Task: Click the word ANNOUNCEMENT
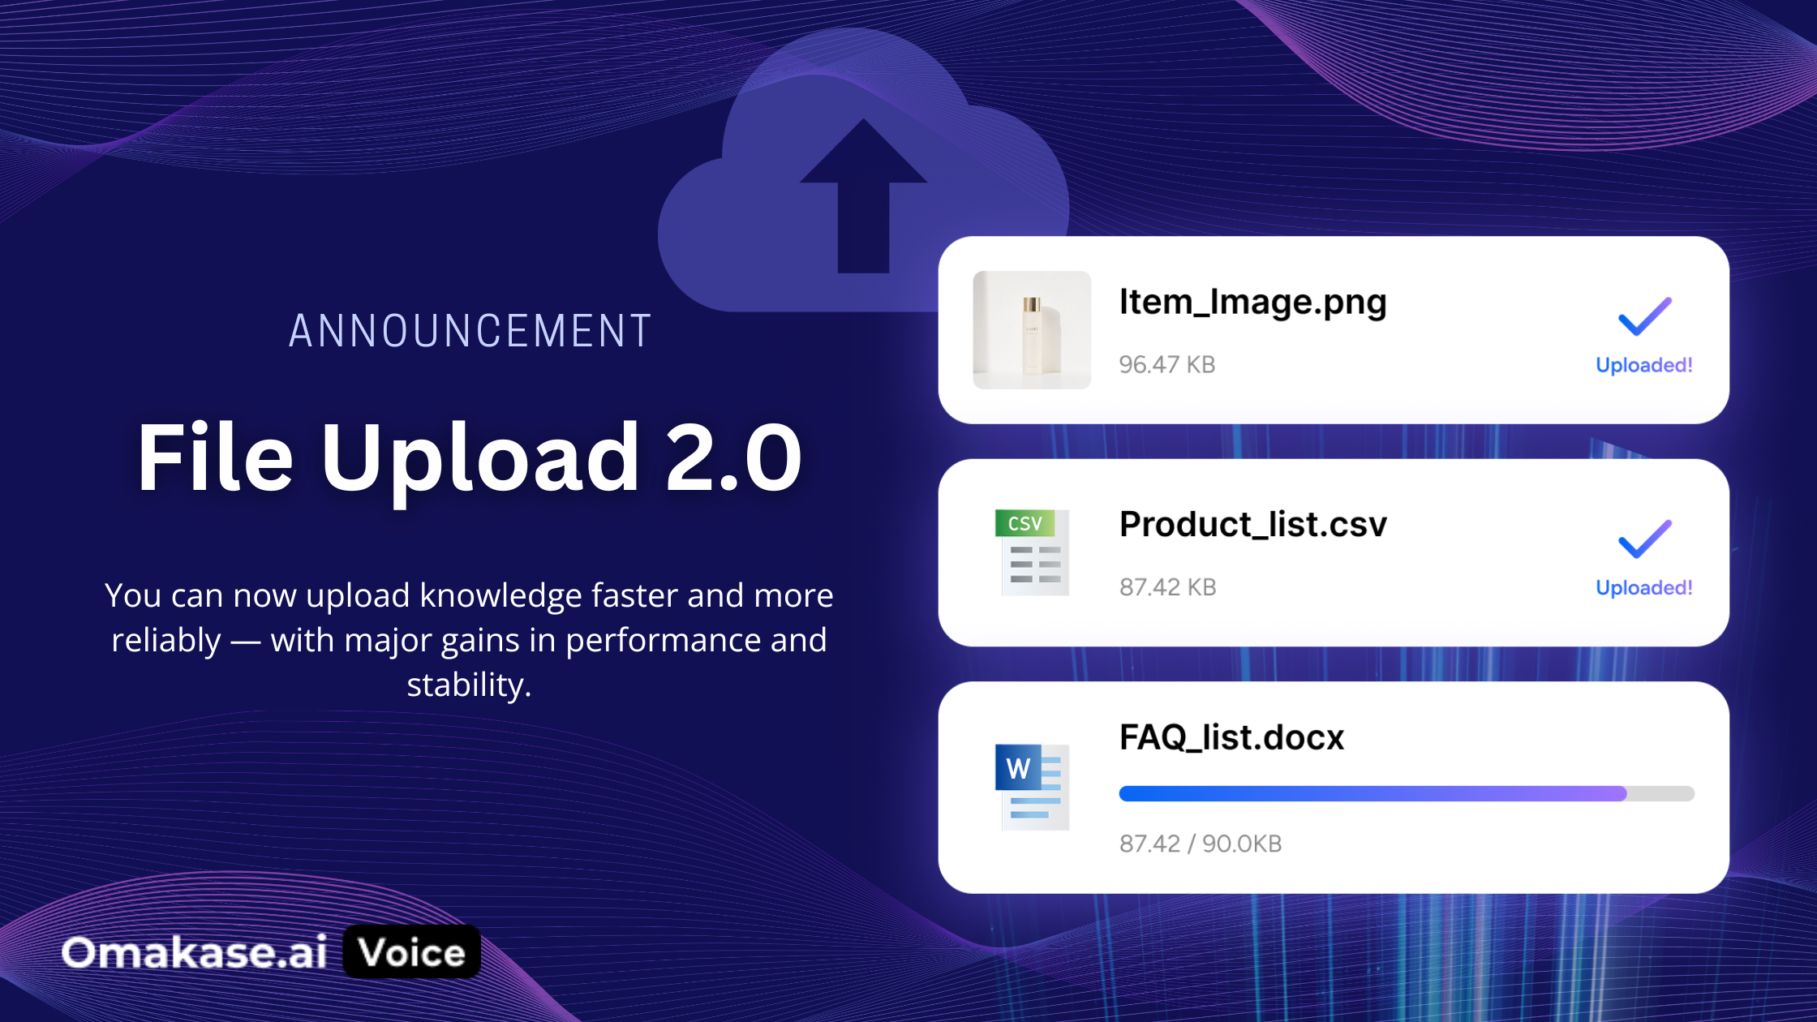tap(470, 331)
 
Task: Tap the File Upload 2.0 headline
tap(470, 457)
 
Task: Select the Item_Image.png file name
tap(1252, 303)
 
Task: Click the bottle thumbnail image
tap(1032, 330)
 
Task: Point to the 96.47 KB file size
tap(1167, 364)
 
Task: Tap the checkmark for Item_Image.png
tap(1645, 316)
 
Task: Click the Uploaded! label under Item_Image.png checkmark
tap(1644, 365)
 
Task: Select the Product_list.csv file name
tap(1253, 524)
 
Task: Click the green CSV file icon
tap(1032, 552)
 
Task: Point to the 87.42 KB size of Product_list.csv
tap(1168, 586)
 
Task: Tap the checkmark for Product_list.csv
tap(1645, 539)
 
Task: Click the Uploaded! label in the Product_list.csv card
tap(1644, 587)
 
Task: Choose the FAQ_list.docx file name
tap(1231, 737)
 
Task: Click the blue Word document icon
tap(1032, 787)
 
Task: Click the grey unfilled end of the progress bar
tap(1661, 793)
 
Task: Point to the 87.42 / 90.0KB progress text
tap(1201, 844)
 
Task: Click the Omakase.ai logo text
tap(195, 952)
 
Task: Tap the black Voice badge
tap(412, 951)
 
